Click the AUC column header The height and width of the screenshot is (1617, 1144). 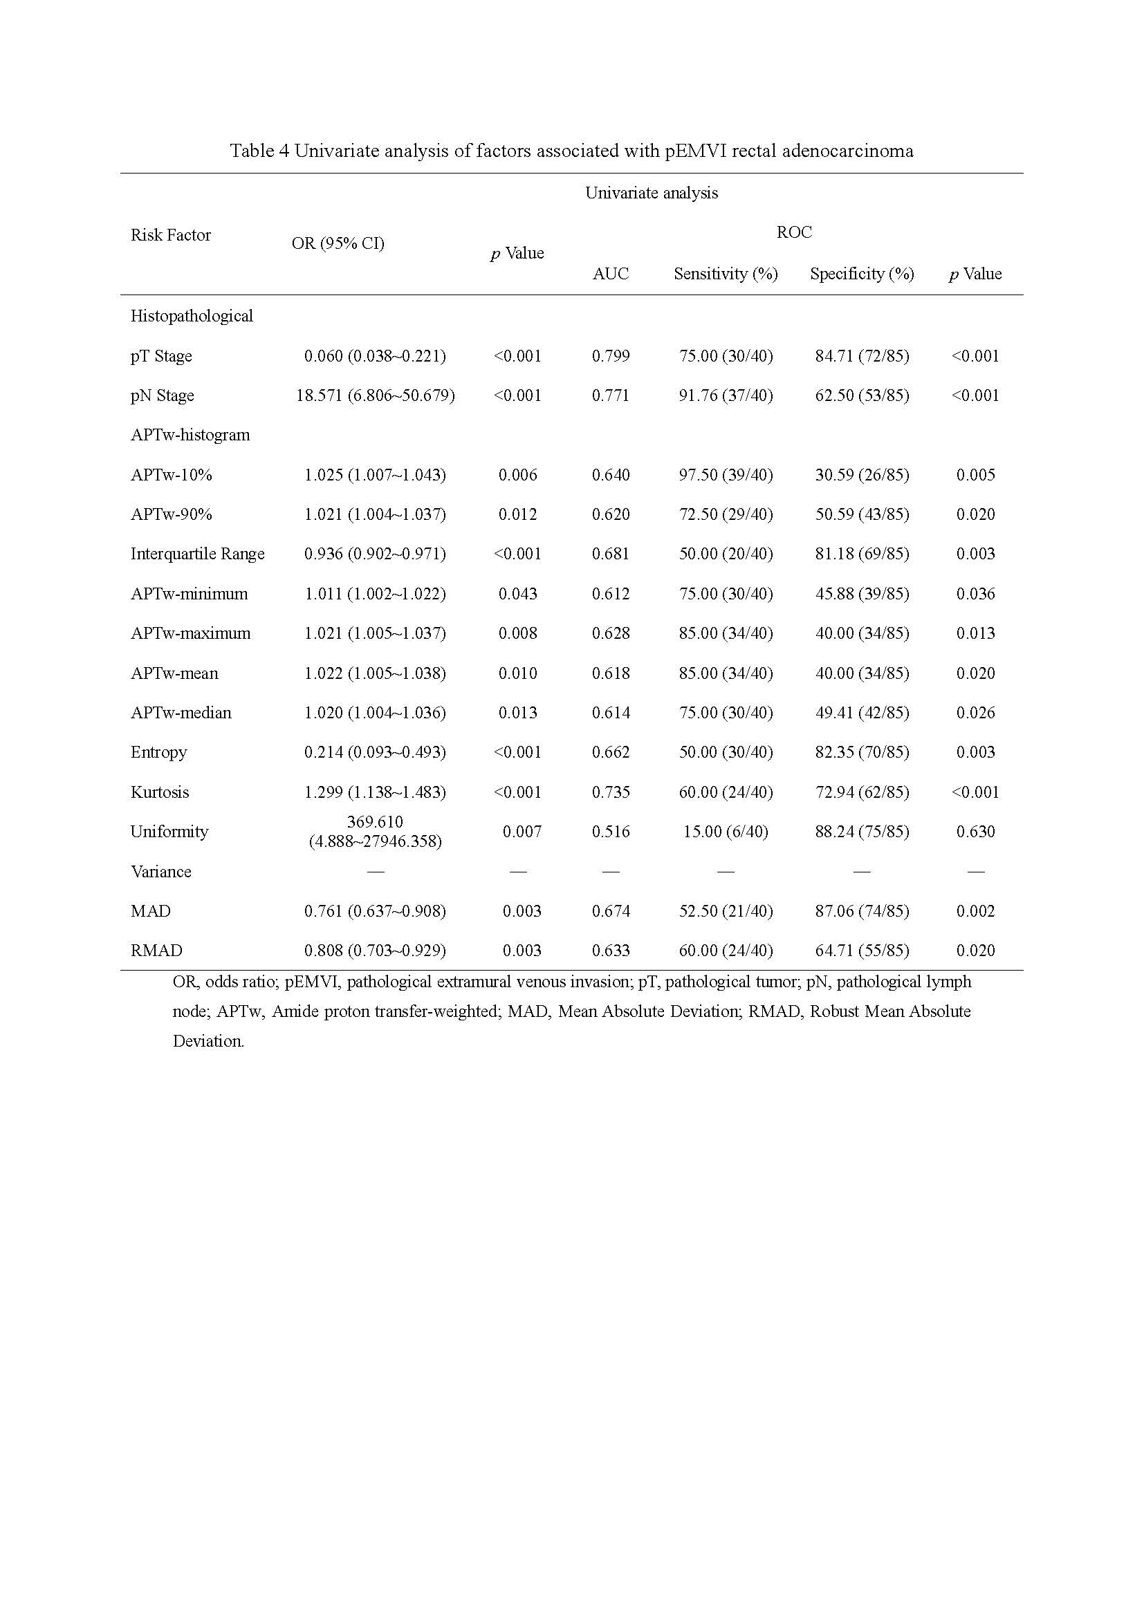610,274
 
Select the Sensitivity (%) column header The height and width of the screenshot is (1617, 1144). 726,274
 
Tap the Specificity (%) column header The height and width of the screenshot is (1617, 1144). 862,274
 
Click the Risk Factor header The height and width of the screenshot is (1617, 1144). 170,235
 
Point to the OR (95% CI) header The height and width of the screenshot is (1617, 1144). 338,243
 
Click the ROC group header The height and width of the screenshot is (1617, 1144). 794,232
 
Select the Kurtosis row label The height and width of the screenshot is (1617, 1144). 160,792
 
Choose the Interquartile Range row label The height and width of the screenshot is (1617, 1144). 197,554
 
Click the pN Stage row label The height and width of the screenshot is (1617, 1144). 162,396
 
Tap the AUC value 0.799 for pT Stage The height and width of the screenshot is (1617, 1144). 610,356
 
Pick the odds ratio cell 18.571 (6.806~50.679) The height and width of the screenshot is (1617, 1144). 375,396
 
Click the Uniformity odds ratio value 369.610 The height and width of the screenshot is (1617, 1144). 375,822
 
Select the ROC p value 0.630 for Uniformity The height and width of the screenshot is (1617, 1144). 975,832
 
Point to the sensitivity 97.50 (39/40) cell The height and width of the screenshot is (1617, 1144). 726,476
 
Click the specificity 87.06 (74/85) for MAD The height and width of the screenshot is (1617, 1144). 862,911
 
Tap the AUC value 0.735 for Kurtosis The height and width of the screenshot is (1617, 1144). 610,792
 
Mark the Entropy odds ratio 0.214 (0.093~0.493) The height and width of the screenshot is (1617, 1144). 375,752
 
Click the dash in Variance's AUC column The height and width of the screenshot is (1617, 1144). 610,872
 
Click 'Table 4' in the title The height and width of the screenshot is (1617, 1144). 259,151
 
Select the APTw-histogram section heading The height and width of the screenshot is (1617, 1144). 190,436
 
